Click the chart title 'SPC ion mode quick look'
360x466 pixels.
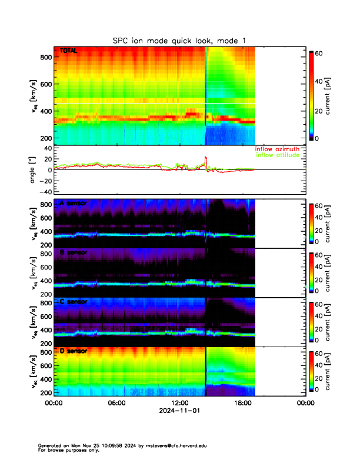(179, 40)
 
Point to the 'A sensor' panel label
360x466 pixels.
(74, 204)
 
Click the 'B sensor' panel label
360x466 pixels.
(74, 254)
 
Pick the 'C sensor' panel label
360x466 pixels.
(74, 302)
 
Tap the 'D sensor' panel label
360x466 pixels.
(74, 351)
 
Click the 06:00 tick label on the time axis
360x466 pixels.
(116, 404)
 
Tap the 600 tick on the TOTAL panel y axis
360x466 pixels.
(45, 84)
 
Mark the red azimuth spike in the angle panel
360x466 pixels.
(205, 158)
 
